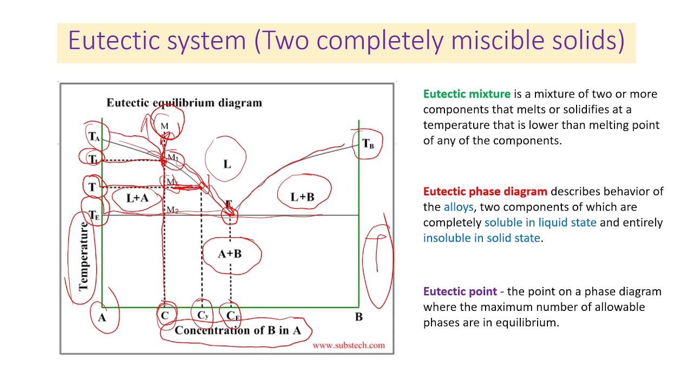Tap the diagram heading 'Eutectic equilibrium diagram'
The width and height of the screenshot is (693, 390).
click(x=184, y=103)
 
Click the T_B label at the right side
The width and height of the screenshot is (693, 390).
click(x=368, y=144)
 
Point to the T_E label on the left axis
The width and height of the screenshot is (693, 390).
click(x=94, y=216)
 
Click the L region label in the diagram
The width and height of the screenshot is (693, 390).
click(x=227, y=164)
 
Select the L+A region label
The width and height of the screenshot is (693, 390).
click(x=137, y=198)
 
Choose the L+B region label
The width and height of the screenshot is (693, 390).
click(x=302, y=197)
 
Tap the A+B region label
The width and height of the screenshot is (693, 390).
click(x=230, y=253)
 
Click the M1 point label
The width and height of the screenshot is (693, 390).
click(x=173, y=158)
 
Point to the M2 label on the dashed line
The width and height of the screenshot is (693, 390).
click(x=172, y=210)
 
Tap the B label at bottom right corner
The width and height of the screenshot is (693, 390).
click(x=358, y=317)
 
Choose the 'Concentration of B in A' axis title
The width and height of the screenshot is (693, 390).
click(x=237, y=330)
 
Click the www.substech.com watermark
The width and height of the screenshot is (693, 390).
click(x=348, y=345)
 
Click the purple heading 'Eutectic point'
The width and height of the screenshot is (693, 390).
click(x=460, y=291)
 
